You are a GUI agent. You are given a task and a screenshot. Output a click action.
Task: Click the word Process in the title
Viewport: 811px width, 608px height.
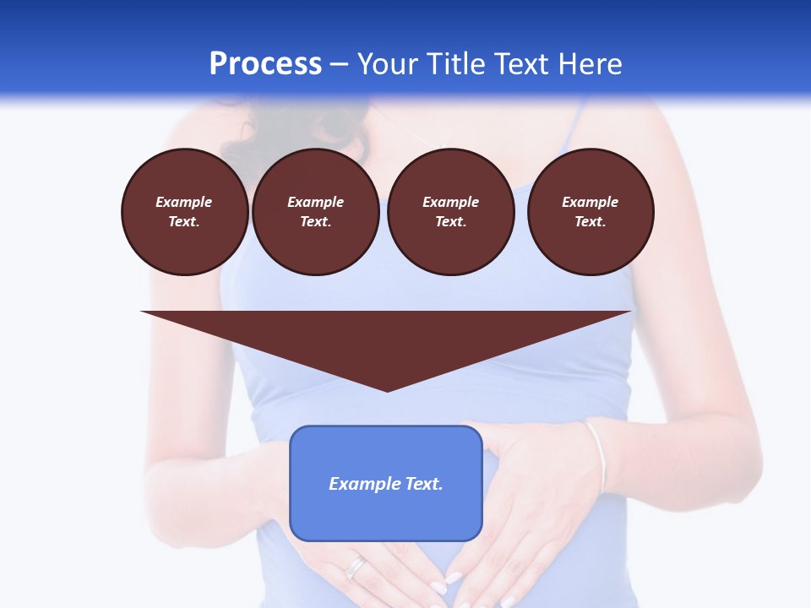265,64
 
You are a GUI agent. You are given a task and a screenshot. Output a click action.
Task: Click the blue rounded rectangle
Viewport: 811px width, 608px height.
386,515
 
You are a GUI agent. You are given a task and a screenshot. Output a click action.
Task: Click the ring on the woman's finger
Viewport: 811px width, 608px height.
357,566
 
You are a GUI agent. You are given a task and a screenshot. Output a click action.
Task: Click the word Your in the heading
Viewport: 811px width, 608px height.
385,64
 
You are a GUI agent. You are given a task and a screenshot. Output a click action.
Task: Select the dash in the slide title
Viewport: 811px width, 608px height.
339,64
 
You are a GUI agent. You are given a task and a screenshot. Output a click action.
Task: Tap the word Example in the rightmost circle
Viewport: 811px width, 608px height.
590,202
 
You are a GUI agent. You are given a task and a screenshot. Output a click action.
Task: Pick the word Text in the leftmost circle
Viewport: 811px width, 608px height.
184,222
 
